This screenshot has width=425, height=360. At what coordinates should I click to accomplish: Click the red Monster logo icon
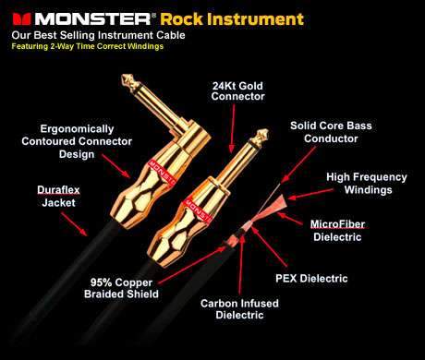click(21, 19)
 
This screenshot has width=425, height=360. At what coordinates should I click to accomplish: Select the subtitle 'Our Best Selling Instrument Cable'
click(98, 35)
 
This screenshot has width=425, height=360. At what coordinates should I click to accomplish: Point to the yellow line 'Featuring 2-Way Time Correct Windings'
click(88, 46)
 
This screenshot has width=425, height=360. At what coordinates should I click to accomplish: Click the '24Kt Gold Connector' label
click(237, 91)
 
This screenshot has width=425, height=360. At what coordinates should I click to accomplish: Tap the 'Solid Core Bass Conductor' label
click(331, 132)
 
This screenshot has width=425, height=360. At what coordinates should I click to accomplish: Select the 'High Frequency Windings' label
click(367, 184)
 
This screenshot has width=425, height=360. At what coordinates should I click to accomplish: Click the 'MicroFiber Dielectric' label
click(337, 231)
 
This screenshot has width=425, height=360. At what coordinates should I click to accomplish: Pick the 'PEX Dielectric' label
click(311, 279)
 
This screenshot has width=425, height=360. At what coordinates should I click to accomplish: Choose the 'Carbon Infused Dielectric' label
click(239, 309)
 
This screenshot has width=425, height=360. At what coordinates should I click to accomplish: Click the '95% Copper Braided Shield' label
click(121, 288)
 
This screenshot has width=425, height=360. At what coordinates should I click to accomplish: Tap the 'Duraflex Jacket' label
click(58, 197)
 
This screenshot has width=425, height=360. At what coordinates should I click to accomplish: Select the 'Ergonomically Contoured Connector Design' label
click(77, 141)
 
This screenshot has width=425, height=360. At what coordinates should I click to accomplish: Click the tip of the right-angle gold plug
click(126, 78)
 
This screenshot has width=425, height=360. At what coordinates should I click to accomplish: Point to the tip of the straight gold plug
click(262, 134)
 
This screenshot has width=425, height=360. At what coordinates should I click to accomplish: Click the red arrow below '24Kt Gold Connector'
click(232, 128)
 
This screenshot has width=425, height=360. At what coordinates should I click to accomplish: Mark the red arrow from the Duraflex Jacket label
click(74, 224)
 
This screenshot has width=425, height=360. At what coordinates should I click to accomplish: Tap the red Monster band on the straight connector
click(196, 210)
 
